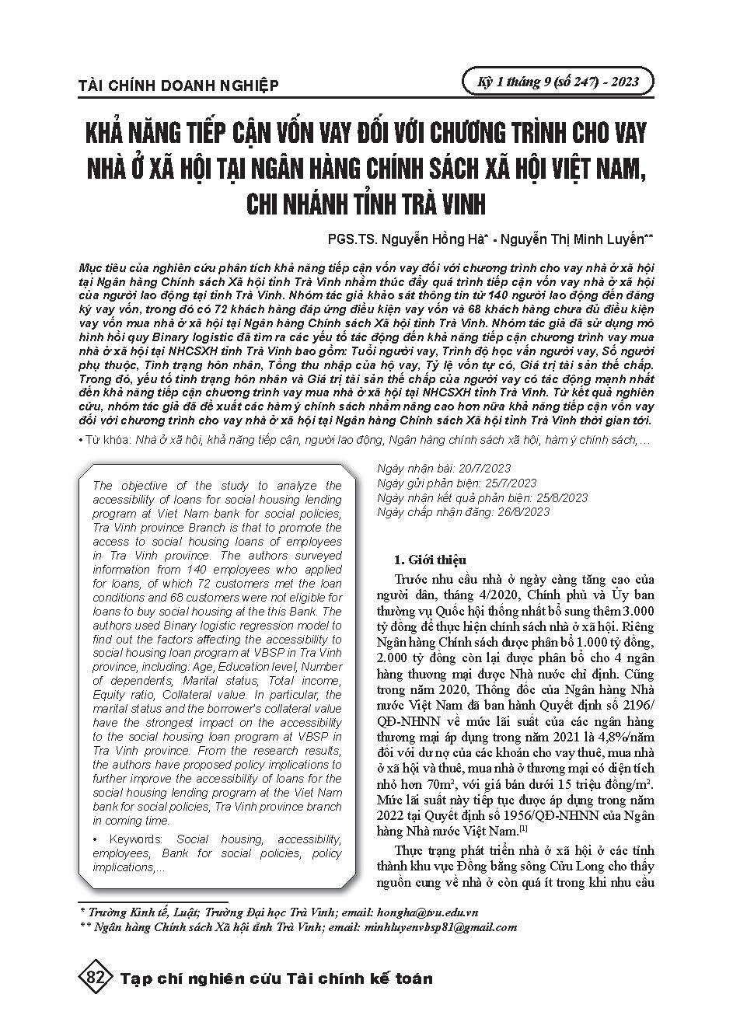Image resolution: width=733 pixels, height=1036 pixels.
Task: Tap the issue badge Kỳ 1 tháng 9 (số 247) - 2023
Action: coord(556,82)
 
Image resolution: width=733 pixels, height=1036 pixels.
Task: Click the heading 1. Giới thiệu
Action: coord(429,560)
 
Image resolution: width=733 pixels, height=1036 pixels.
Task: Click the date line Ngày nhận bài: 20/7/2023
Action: coord(444,468)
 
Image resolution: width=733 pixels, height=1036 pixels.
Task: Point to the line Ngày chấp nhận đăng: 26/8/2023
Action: coord(462,511)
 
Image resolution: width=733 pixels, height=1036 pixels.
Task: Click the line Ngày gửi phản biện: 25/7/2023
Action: coord(456,483)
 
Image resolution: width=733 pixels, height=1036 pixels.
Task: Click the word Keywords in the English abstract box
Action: coord(135,839)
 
